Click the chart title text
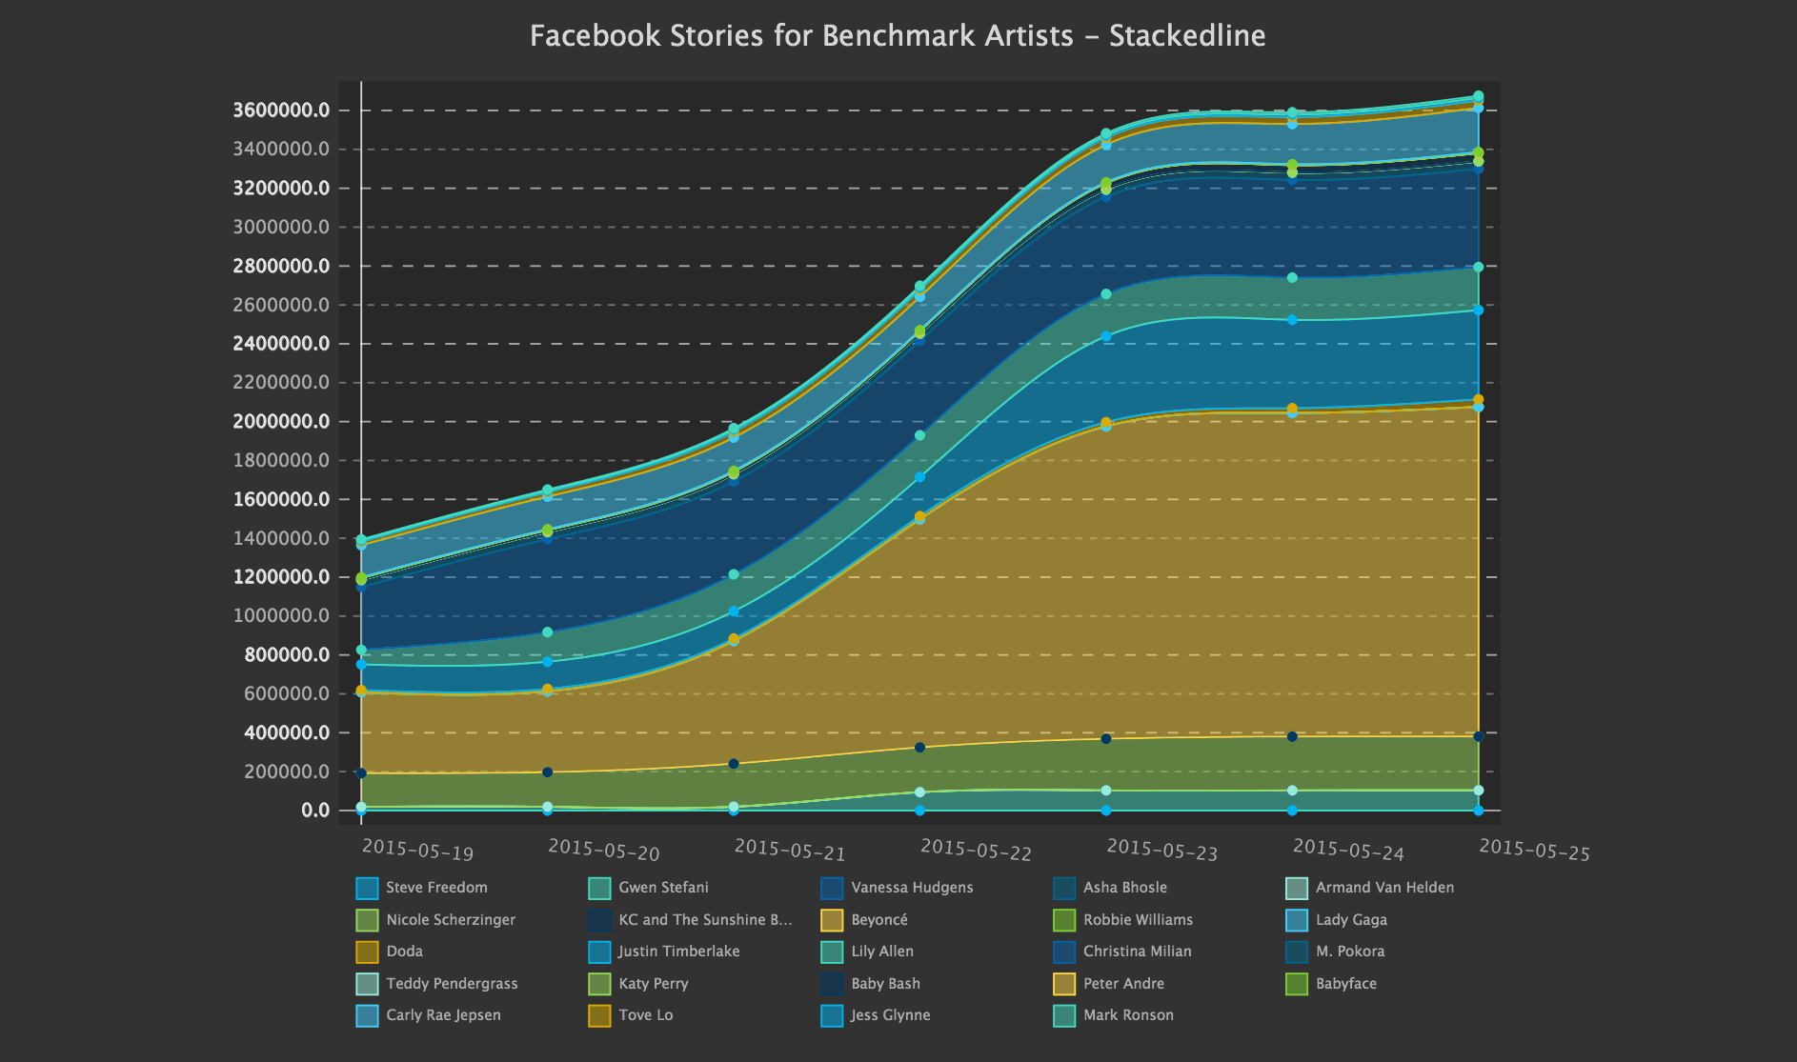click(898, 36)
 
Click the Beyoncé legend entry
click(864, 920)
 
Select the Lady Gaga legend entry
click(1337, 920)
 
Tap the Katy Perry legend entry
click(638, 984)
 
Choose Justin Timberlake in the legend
click(664, 952)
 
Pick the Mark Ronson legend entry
click(1114, 1015)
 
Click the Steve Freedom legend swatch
click(367, 889)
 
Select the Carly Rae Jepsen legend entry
click(429, 1015)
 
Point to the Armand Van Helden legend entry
click(1370, 888)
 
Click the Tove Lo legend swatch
click(599, 1016)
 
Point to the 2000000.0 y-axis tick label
click(281, 422)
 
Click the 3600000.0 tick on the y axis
click(281, 110)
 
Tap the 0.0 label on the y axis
click(316, 811)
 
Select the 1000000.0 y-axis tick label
click(281, 616)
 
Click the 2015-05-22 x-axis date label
click(976, 849)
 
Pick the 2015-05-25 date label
click(1534, 849)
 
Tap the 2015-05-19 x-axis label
click(417, 849)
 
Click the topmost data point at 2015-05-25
click(1478, 96)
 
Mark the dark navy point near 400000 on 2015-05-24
click(1292, 736)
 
